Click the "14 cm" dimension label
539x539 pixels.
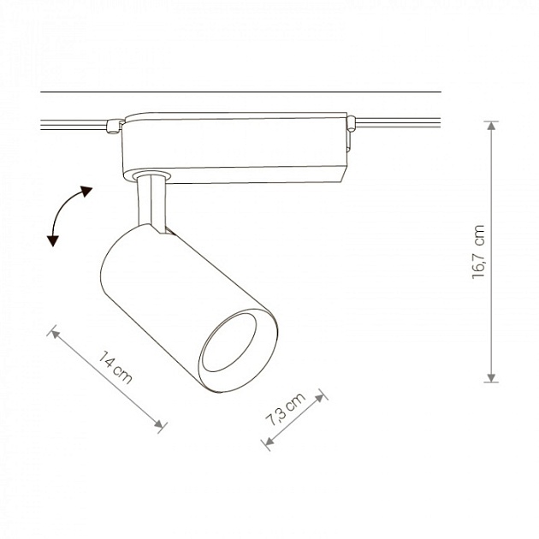(115, 367)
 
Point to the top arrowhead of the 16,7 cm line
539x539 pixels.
(491, 125)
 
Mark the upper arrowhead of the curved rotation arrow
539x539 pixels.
(86, 190)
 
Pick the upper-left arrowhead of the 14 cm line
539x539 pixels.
(56, 332)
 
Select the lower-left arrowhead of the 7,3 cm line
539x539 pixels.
(268, 443)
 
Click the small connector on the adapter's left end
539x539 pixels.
(110, 128)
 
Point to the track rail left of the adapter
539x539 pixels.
(73, 124)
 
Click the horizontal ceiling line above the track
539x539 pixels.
(240, 92)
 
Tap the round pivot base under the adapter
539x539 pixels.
(151, 175)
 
